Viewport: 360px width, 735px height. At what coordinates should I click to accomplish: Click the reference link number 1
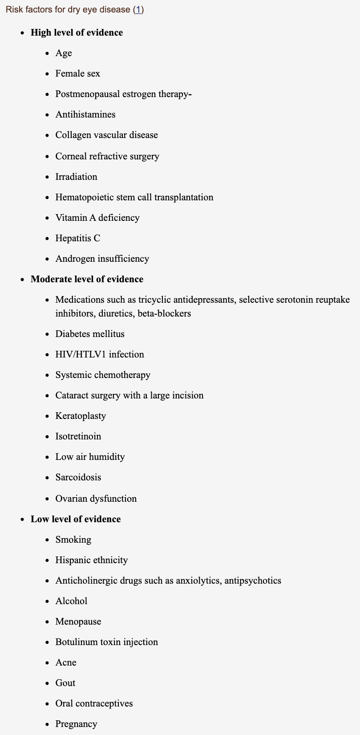click(x=138, y=9)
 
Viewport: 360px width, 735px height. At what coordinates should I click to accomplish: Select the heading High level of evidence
click(x=77, y=32)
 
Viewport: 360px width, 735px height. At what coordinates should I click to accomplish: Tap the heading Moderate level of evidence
click(x=87, y=279)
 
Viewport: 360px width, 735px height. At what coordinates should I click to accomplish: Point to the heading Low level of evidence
click(x=76, y=519)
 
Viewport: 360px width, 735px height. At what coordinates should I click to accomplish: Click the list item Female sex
click(x=77, y=73)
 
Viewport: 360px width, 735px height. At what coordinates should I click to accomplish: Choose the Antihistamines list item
click(x=85, y=114)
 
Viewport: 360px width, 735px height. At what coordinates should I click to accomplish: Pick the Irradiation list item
click(x=76, y=177)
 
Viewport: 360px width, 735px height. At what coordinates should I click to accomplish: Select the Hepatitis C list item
click(x=77, y=238)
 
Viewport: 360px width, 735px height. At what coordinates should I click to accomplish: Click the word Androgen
click(x=73, y=259)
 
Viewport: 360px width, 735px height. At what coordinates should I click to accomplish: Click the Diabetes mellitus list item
click(x=90, y=334)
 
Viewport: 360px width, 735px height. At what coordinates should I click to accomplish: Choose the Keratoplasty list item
click(x=81, y=416)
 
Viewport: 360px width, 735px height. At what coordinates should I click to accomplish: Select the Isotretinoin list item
click(x=78, y=436)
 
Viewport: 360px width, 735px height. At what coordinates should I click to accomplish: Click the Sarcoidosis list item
click(x=78, y=477)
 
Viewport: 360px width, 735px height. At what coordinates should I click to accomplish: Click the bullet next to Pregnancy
click(x=47, y=724)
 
